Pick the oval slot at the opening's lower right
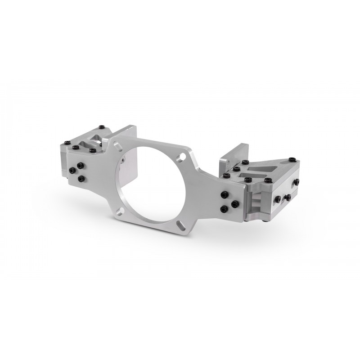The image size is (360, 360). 181,223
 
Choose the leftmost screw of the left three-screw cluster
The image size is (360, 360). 72,171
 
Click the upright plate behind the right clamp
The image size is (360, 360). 238,153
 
